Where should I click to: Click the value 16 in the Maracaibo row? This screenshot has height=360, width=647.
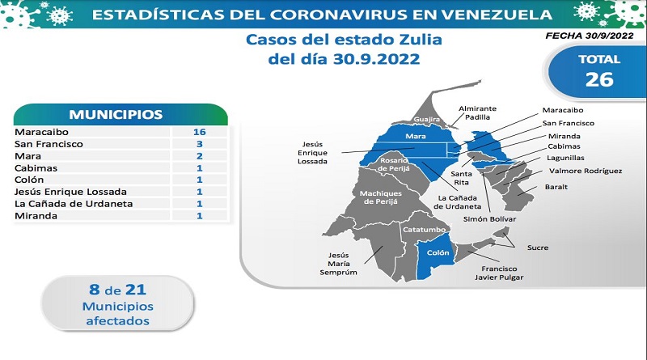[x=199, y=132]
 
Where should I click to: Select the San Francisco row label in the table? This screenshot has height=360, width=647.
[x=49, y=144]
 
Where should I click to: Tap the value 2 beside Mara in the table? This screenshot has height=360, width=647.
[x=200, y=156]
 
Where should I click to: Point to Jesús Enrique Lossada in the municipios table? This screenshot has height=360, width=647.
[x=70, y=192]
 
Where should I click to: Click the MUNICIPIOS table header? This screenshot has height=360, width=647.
[x=116, y=114]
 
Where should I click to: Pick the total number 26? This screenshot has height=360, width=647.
[x=599, y=79]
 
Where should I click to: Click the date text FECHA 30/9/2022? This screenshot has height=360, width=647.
[x=590, y=36]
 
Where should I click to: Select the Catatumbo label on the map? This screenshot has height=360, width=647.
[x=424, y=230]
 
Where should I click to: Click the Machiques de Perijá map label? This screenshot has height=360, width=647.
[x=381, y=197]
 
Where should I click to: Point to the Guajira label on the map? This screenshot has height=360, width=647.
[x=427, y=119]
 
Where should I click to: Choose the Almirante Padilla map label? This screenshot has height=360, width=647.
[x=477, y=112]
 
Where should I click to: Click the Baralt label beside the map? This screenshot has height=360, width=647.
[x=556, y=187]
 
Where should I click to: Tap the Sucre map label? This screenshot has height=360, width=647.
[x=538, y=248]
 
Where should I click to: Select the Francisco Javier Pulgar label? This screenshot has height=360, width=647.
[x=499, y=273]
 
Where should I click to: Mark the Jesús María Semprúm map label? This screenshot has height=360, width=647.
[x=338, y=264]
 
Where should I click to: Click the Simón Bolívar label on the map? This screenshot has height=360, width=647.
[x=489, y=218]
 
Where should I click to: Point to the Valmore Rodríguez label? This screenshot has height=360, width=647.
[x=586, y=171]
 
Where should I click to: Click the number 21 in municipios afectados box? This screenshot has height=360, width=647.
[x=136, y=290]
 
